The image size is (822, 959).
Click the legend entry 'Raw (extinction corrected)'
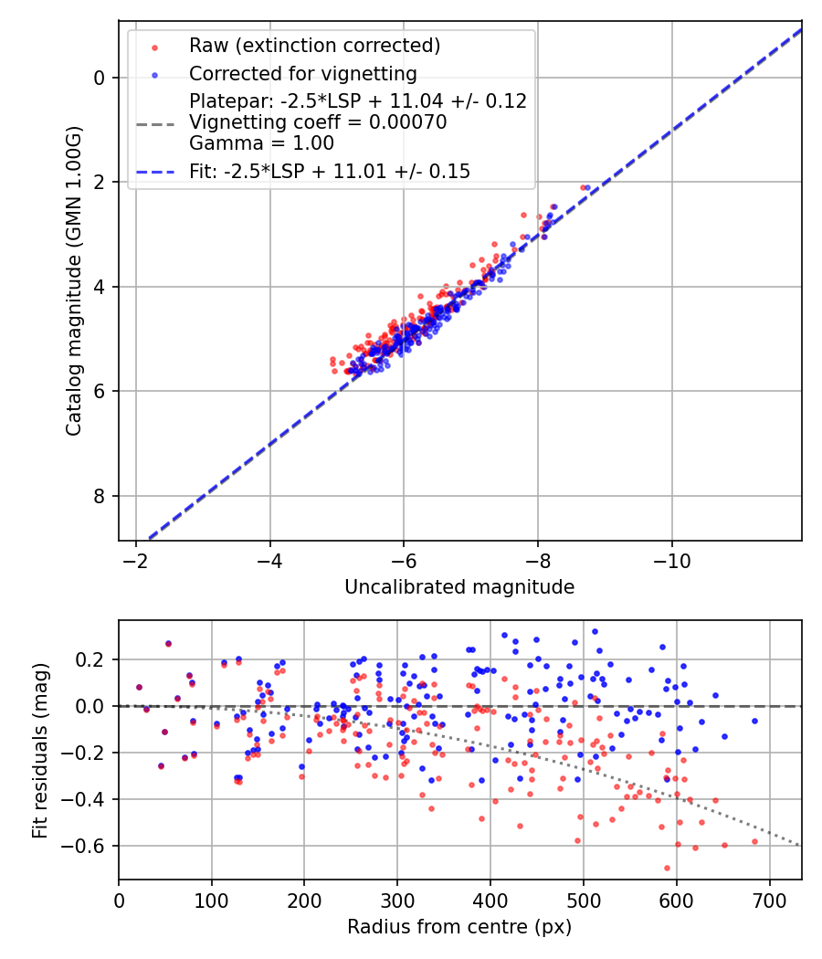click(314, 45)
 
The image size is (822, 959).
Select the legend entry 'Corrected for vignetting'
click(302, 73)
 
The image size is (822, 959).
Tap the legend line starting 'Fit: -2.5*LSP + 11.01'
click(330, 171)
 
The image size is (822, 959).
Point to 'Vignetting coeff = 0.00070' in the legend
click(318, 122)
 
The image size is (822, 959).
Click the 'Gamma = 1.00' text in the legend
click(261, 143)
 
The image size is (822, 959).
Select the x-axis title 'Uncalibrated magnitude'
click(459, 587)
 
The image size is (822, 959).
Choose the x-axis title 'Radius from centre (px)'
click(459, 927)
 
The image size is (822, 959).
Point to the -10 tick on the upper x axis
click(672, 559)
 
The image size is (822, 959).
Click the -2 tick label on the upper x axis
click(136, 559)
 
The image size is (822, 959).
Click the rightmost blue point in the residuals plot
click(754, 721)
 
